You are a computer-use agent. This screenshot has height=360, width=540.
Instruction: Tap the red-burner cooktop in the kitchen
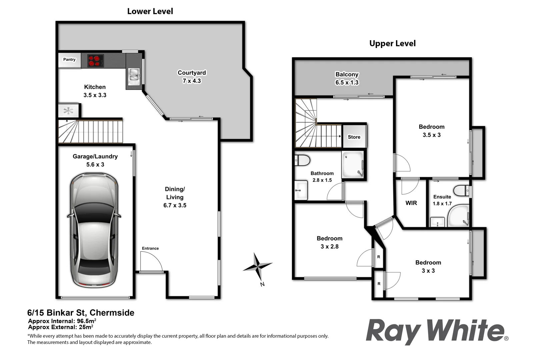click(95, 61)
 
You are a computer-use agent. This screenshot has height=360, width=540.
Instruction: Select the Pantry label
click(69, 60)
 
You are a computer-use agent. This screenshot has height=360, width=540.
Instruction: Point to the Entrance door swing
click(151, 263)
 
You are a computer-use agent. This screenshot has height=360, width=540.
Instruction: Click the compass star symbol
click(258, 266)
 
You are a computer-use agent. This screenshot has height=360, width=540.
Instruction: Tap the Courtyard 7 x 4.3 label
click(192, 77)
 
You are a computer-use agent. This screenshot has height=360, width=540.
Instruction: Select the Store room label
click(354, 137)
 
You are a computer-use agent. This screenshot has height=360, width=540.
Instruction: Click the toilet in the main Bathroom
click(302, 160)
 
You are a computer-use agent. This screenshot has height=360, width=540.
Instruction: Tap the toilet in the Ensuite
click(462, 191)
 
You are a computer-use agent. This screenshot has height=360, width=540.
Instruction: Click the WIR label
click(411, 203)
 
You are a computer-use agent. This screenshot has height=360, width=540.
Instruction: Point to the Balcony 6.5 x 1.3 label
click(347, 79)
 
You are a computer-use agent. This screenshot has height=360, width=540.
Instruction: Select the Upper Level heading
click(392, 43)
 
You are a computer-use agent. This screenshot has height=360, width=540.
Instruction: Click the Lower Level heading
click(150, 11)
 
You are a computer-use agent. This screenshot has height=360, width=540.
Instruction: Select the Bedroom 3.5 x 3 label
click(431, 131)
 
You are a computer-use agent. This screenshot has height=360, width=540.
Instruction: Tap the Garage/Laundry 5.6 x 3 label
click(95, 160)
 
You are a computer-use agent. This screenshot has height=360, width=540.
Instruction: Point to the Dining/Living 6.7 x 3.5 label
click(175, 197)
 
